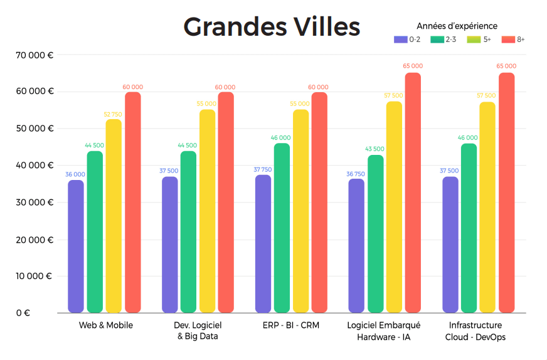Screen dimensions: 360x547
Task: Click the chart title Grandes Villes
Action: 272,27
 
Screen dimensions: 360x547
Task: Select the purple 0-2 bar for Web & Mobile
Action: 76,246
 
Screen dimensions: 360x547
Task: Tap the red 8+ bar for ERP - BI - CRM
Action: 319,202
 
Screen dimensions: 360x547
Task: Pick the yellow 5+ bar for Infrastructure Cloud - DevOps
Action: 487,207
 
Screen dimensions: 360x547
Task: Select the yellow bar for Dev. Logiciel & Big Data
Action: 207,211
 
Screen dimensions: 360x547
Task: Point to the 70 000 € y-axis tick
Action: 34,55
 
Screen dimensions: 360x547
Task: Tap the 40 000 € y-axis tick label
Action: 34,166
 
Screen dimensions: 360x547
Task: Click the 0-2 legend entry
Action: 408,40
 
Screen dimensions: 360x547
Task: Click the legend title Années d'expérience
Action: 457,26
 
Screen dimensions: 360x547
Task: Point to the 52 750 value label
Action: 114,114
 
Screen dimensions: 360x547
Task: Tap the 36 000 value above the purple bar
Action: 76,174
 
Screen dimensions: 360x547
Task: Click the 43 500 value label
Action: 375,149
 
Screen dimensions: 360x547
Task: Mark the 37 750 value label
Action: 263,169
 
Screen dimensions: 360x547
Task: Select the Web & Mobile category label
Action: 105,326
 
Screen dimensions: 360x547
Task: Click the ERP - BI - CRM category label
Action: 291,326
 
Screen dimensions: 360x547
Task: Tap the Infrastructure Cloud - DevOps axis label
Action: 475,331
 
